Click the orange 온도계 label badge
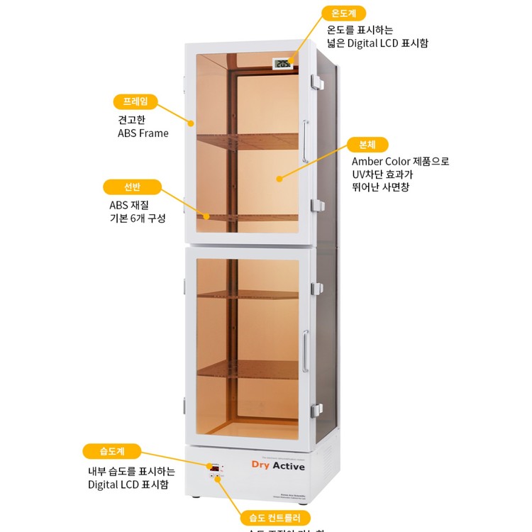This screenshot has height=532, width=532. point(343,13)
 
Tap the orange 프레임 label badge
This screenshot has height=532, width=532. point(135,101)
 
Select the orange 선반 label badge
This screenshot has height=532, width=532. point(132,187)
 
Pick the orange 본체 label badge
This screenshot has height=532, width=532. point(367,145)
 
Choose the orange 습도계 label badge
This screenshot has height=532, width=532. point(112,451)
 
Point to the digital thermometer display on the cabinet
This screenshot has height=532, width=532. point(283,65)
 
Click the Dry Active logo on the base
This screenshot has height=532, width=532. point(278,466)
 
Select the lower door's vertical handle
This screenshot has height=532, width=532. point(305,351)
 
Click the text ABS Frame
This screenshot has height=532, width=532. point(143,133)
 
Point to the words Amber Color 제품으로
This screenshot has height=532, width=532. point(400,161)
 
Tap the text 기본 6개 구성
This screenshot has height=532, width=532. point(133,218)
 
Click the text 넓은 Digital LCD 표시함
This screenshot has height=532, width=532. point(377,43)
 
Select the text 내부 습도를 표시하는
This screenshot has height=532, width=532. point(131,471)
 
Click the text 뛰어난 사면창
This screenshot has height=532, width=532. point(380,187)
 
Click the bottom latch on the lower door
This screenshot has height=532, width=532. point(316,409)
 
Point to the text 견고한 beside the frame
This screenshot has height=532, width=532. point(132,119)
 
